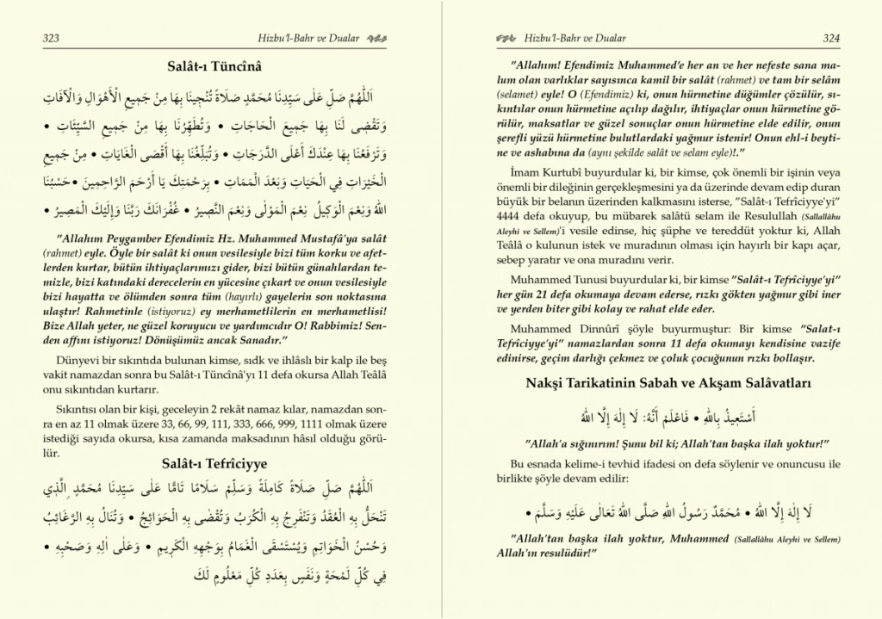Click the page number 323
click(50, 38)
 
